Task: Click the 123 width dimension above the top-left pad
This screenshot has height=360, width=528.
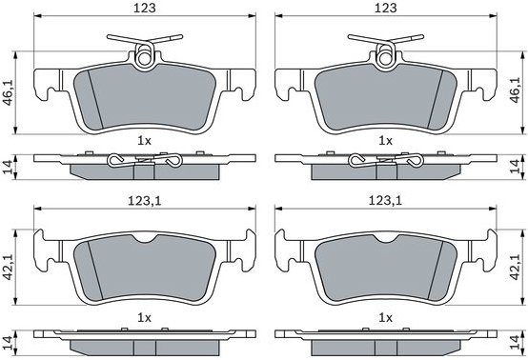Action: (x=145, y=8)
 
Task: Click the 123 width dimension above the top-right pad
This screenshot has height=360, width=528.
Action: (x=386, y=8)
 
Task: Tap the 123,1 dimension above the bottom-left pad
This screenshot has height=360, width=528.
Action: (x=145, y=201)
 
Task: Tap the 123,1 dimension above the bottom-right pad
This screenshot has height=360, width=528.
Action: (x=386, y=201)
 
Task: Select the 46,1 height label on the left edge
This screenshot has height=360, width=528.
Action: (x=8, y=91)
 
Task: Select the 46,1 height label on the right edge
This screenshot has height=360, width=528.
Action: (x=516, y=90)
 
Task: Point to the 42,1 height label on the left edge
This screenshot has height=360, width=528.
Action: (x=8, y=267)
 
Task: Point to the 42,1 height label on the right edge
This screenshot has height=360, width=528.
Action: (x=516, y=267)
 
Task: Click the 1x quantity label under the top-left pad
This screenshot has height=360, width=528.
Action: (x=145, y=141)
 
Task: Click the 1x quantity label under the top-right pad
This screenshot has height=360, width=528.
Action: (x=386, y=141)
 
